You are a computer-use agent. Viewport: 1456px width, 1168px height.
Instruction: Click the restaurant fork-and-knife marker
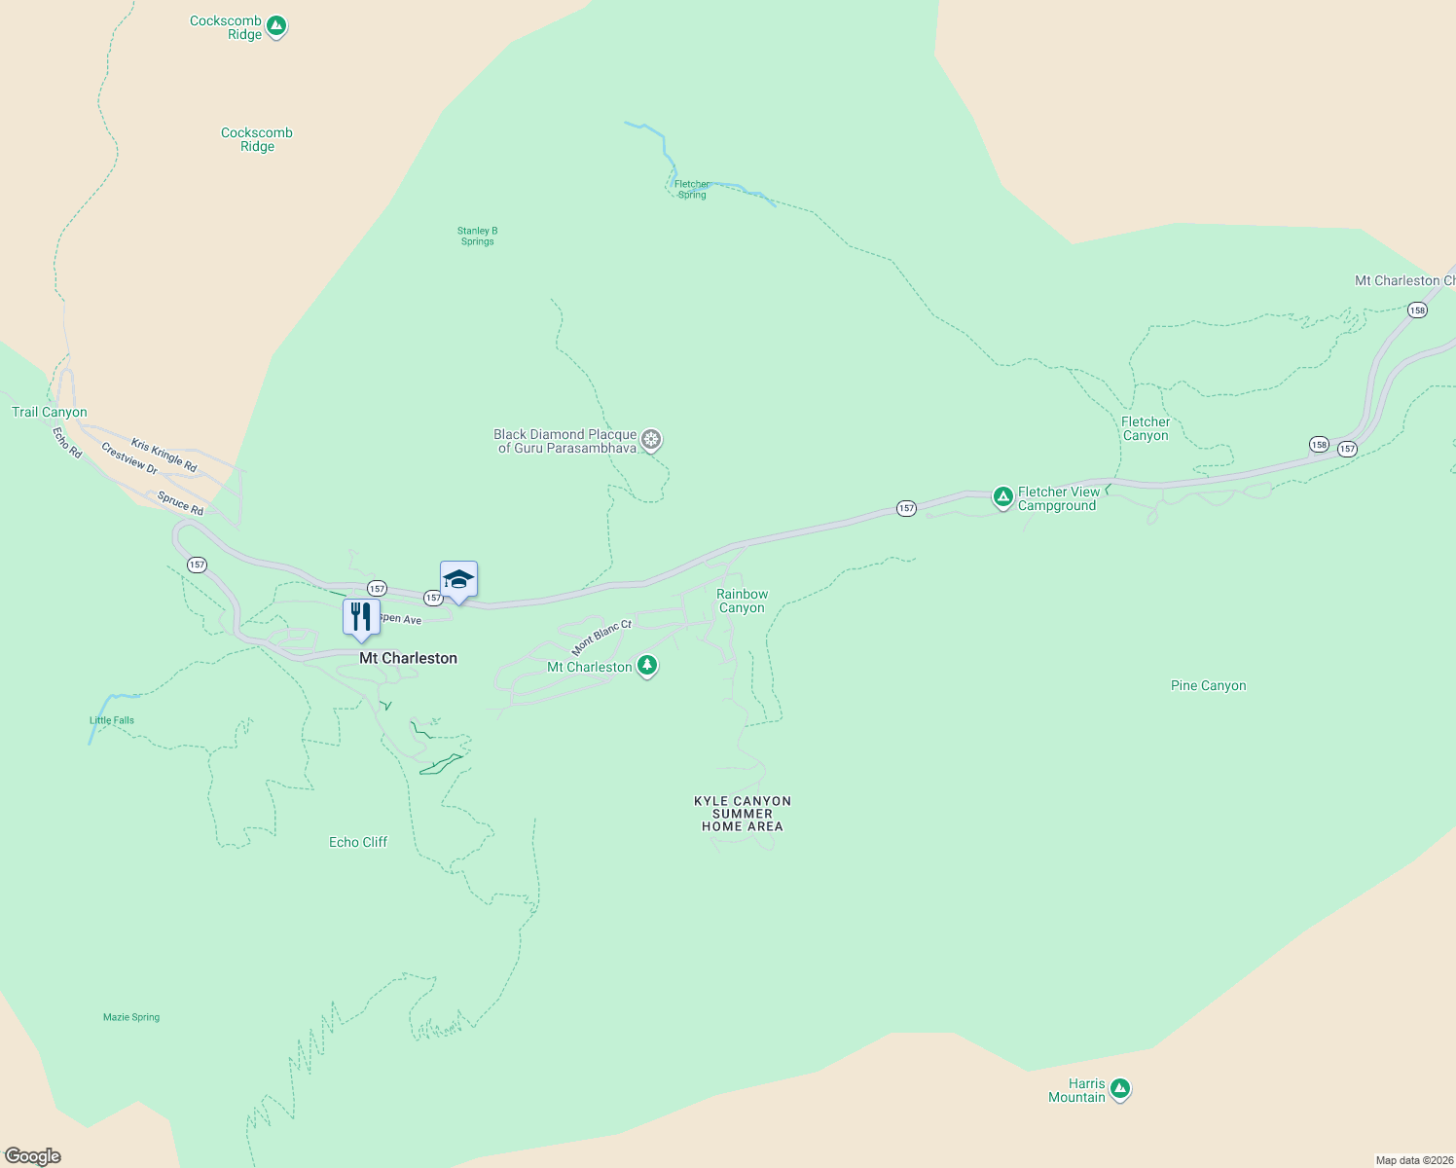(x=361, y=617)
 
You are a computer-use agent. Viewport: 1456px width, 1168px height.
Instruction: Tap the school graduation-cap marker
(x=458, y=580)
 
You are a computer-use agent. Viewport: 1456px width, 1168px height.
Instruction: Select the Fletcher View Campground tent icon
(x=1002, y=496)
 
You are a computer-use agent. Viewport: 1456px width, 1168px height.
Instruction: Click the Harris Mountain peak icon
(x=1120, y=1088)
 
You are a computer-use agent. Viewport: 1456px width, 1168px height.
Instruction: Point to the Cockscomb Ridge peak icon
(x=276, y=25)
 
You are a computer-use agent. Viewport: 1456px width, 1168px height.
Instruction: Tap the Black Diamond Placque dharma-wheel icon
(x=651, y=440)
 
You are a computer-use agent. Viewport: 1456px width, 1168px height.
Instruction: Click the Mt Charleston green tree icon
(x=647, y=666)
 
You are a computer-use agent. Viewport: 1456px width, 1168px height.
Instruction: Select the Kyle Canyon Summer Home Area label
(x=743, y=814)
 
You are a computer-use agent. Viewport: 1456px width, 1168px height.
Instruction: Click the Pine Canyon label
(x=1208, y=685)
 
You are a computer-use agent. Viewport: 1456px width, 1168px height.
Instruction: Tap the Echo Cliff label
(x=358, y=842)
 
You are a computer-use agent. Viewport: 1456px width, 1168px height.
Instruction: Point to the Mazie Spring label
(x=131, y=1017)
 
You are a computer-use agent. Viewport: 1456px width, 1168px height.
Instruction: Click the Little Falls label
(x=112, y=720)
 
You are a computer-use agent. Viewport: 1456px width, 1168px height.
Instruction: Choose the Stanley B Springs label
(x=477, y=236)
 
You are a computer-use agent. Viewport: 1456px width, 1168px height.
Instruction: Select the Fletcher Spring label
(x=692, y=189)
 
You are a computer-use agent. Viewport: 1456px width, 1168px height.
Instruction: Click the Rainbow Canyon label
(x=742, y=601)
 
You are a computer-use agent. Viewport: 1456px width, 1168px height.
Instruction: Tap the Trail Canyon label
(x=49, y=412)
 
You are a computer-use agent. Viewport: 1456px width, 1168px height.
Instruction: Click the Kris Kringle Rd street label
(x=164, y=456)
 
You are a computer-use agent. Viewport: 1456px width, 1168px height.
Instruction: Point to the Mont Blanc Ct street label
(x=601, y=638)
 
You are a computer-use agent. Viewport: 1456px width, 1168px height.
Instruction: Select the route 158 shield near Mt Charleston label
(x=1416, y=310)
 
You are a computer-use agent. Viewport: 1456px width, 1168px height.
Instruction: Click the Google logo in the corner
(x=33, y=1156)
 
